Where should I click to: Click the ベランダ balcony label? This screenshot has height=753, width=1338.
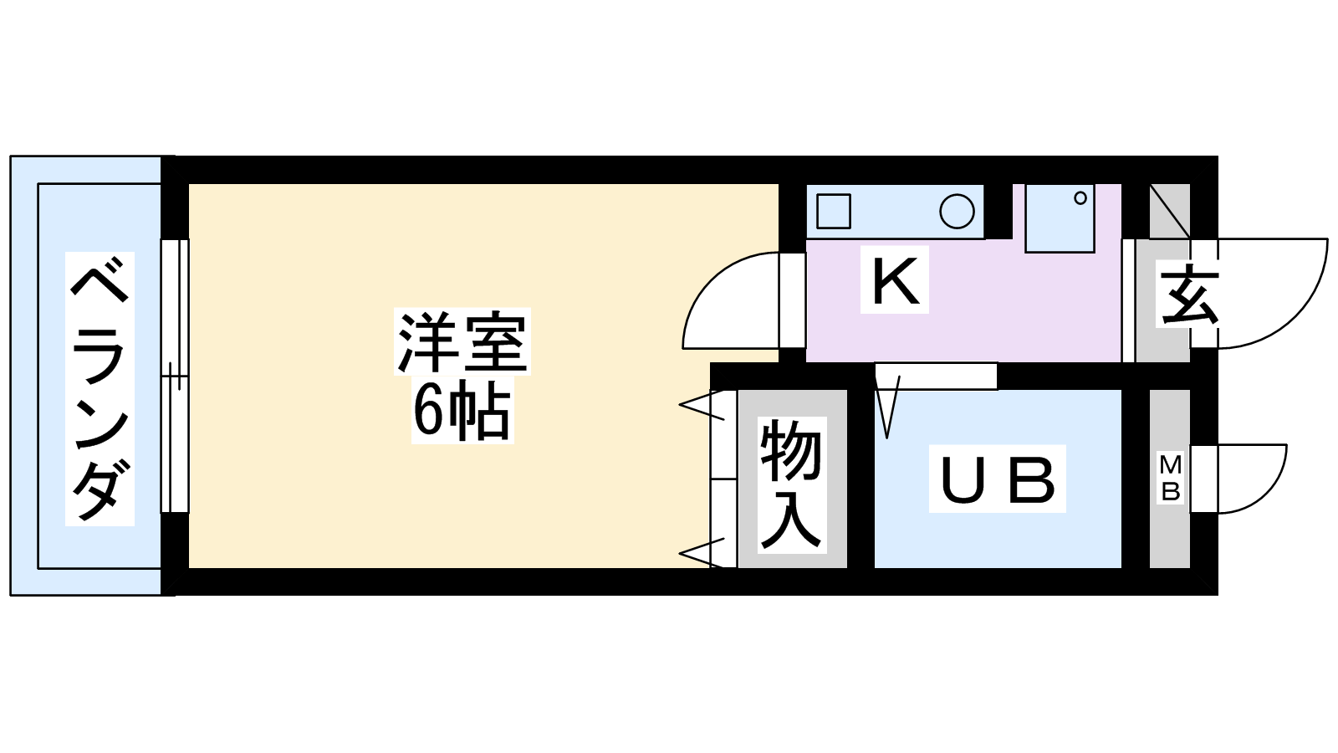point(100,389)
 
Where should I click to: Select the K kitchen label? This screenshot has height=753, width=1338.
point(895,282)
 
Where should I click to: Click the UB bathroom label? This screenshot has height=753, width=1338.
point(998,479)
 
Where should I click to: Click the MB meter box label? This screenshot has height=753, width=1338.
point(1171,478)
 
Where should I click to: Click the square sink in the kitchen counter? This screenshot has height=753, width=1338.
point(833,211)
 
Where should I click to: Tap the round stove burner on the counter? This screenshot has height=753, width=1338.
point(957,212)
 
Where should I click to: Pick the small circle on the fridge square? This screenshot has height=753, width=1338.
point(1080,198)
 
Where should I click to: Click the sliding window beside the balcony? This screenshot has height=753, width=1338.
point(174,376)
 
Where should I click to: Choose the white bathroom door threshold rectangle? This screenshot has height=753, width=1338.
point(937,376)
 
